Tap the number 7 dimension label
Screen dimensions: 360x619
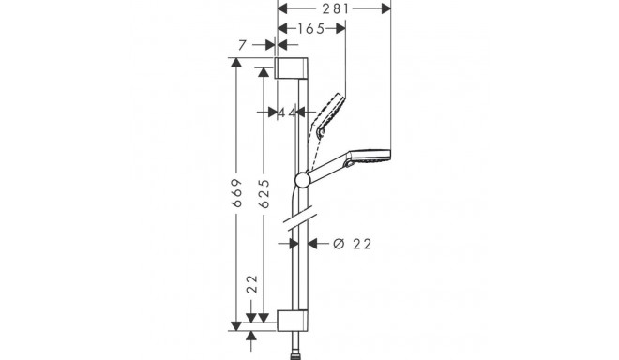pos(242,44)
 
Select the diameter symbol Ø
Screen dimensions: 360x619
pos(339,244)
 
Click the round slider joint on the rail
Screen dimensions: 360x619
pos(301,179)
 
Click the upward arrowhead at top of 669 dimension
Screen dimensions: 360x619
pos(237,63)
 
